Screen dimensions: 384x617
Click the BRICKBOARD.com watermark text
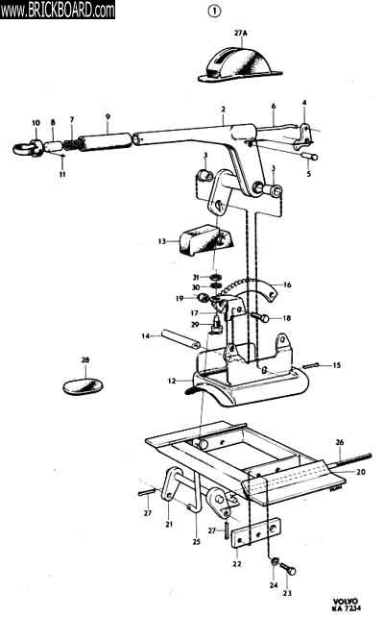click(x=58, y=10)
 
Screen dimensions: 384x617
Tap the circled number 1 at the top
click(x=214, y=12)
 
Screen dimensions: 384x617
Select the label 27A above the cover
click(x=241, y=34)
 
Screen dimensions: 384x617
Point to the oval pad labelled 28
click(x=83, y=386)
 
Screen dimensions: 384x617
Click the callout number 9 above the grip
click(x=108, y=117)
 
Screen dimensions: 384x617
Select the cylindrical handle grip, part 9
click(x=106, y=141)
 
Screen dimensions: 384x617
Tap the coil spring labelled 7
click(x=71, y=145)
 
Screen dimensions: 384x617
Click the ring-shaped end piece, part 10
click(x=28, y=149)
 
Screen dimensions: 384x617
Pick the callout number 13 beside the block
click(x=162, y=241)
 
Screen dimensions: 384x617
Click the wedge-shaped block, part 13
click(x=206, y=240)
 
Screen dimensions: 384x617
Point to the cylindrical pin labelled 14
click(x=180, y=339)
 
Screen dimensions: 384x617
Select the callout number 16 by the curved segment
click(x=287, y=284)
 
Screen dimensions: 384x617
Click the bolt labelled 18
click(x=260, y=317)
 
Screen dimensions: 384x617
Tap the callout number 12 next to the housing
click(x=172, y=381)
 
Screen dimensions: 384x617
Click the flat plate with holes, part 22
click(x=256, y=532)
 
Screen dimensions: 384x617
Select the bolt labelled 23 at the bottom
click(x=288, y=569)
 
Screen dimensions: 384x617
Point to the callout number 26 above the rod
click(x=340, y=442)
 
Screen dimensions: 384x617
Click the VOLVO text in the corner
click(x=346, y=602)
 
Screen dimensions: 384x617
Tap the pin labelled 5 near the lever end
click(x=309, y=157)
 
